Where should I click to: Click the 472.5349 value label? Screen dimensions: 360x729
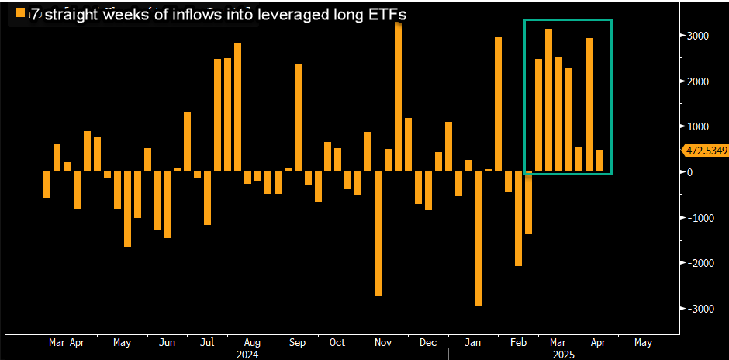click(703, 151)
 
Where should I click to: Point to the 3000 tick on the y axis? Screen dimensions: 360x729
click(696, 36)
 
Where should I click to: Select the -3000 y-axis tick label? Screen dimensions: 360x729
click(695, 308)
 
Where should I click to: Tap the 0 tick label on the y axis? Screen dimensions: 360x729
click(688, 171)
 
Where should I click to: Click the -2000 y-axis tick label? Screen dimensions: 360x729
click(695, 263)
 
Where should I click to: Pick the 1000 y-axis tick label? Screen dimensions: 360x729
click(696, 126)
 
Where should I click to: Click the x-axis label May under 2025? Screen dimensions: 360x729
click(643, 341)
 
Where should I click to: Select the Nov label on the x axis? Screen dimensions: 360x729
click(382, 341)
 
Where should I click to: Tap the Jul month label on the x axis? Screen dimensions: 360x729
click(209, 341)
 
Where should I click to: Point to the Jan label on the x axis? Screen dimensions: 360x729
click(469, 341)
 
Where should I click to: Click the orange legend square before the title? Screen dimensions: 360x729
click(19, 14)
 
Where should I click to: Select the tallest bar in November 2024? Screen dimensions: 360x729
click(399, 97)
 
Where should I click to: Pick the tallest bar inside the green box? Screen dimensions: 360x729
click(548, 100)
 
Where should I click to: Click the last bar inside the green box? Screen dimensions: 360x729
click(599, 161)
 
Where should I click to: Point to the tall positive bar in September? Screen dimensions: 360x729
click(298, 117)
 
